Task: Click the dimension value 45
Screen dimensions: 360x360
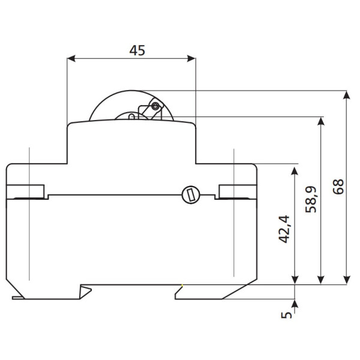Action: click(137, 50)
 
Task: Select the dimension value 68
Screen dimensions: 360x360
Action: click(338, 187)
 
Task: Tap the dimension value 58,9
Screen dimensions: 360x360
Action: click(311, 200)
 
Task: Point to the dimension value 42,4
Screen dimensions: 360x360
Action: click(284, 229)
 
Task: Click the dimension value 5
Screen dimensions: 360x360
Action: click(286, 315)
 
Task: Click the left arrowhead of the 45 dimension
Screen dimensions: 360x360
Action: click(71, 59)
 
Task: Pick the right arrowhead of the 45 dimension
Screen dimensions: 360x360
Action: click(191, 59)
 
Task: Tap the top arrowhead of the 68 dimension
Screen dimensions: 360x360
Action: click(347, 95)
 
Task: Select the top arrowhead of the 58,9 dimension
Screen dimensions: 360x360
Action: click(321, 121)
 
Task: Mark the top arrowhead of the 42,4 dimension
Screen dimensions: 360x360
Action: click(295, 172)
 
